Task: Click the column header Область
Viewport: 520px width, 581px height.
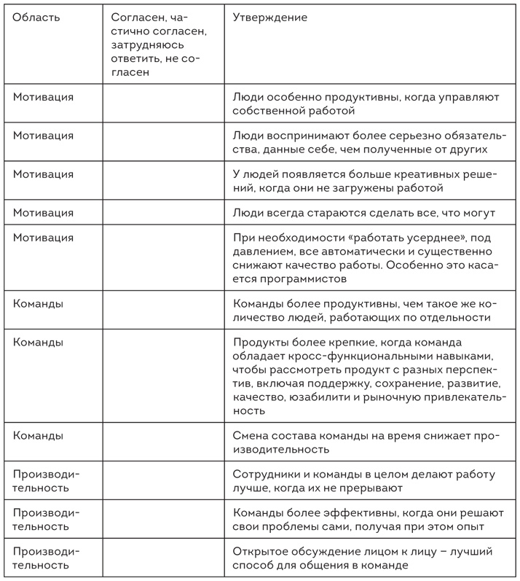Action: [36, 17]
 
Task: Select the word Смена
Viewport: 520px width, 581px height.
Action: [250, 435]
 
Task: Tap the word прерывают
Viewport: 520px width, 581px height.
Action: [372, 488]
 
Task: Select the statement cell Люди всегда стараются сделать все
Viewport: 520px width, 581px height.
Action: [364, 213]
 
